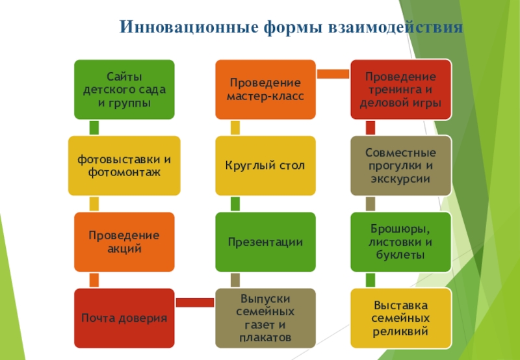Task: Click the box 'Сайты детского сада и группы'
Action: [x=123, y=90]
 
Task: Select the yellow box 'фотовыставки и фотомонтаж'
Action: [x=123, y=166]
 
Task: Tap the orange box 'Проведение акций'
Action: [x=123, y=242]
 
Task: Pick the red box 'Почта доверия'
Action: [x=123, y=318]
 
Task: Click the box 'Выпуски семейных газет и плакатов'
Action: [x=265, y=318]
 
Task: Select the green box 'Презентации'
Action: [x=265, y=242]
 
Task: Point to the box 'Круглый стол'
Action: [x=265, y=166]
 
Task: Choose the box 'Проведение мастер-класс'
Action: [x=265, y=90]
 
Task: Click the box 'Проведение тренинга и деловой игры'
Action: [x=401, y=90]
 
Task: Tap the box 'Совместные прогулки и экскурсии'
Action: [x=401, y=166]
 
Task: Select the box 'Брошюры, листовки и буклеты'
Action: [x=401, y=242]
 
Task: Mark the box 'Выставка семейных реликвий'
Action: [x=401, y=318]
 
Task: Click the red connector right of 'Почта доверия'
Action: [x=194, y=302]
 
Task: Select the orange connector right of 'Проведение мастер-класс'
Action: [x=333, y=73]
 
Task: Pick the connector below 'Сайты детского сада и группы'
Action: [x=94, y=127]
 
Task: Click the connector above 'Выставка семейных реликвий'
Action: [x=370, y=280]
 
